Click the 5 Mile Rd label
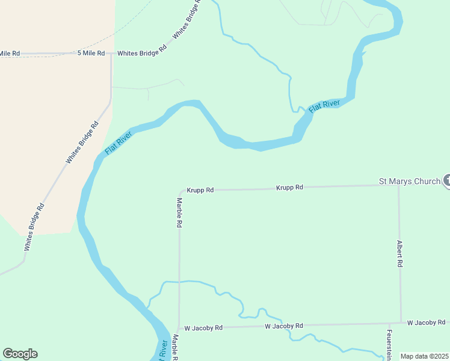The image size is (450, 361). tap(91, 53)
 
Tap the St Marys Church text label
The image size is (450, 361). tap(409, 180)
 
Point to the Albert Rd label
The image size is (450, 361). tap(399, 254)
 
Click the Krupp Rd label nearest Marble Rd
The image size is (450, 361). tap(200, 190)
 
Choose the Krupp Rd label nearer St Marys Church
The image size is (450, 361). tap(290, 188)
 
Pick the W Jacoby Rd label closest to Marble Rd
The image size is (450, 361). tap(203, 328)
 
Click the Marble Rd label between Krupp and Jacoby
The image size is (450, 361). tap(179, 212)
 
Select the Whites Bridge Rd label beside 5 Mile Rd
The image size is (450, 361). tap(141, 53)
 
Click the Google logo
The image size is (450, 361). tap(20, 354)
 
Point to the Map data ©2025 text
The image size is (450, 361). tap(424, 356)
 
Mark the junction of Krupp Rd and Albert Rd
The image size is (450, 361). tap(399, 185)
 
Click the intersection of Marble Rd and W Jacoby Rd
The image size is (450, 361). tap(179, 328)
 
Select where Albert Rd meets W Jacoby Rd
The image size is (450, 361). tap(401, 322)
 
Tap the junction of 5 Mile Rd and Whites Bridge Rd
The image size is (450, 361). tap(111, 54)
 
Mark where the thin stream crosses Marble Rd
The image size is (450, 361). tap(179, 281)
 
